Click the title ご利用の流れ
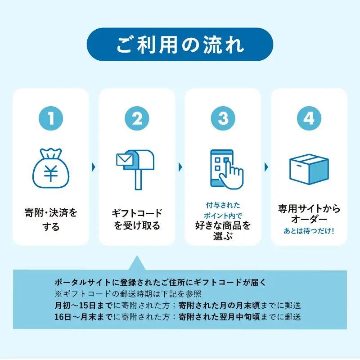point(180,45)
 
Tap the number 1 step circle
point(51,118)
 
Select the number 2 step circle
point(137,118)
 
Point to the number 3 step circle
point(223,118)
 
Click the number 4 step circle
point(309,118)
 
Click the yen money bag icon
point(51,167)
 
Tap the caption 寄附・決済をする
point(51,220)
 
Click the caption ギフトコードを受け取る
point(137,219)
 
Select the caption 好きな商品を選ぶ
point(223,230)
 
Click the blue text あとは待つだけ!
point(309,232)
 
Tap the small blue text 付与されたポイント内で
point(223,210)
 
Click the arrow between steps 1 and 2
point(94,167)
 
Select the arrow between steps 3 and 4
point(266,167)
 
